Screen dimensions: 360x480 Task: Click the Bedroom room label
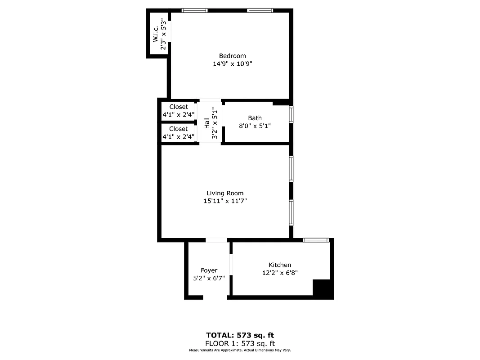tap(233, 56)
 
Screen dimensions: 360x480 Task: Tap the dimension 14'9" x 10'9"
tap(233, 64)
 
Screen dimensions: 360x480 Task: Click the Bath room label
tap(255, 118)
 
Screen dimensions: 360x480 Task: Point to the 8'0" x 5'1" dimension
tap(255, 126)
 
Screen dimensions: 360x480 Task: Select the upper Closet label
tap(179, 107)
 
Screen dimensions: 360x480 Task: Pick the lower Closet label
tap(179, 129)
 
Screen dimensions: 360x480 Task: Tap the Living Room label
tap(225, 193)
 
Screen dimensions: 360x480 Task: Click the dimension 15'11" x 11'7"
tap(225, 201)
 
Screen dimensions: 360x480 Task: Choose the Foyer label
tap(209, 270)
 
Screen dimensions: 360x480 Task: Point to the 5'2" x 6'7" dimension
tap(209, 279)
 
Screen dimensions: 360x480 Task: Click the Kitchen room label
tap(280, 265)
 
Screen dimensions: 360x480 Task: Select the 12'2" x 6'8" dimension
tap(280, 273)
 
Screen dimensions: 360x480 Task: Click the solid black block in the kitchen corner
tap(323, 288)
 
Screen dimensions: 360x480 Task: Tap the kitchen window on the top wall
tap(316, 240)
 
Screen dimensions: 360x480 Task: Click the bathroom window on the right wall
tap(291, 114)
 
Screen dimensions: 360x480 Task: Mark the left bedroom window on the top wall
tap(194, 10)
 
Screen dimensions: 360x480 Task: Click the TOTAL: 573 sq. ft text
tap(240, 335)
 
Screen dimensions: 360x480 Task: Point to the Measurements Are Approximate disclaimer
tap(240, 350)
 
